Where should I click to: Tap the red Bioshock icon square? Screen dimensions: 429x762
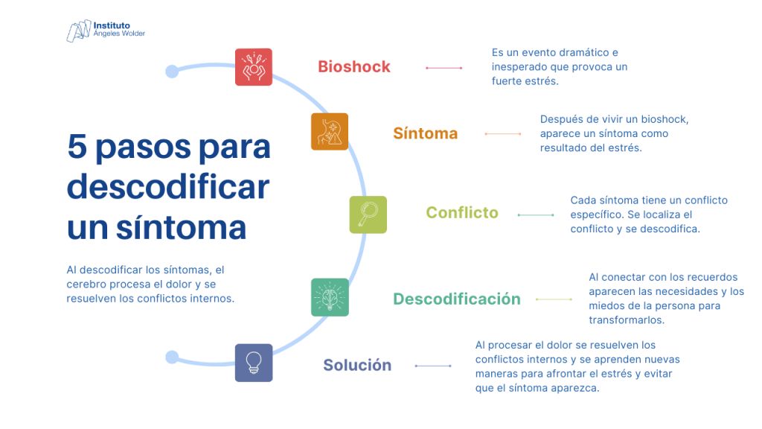coord(254,67)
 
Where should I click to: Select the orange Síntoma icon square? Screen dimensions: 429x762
coord(330,132)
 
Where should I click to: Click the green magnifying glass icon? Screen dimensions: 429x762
coord(368,214)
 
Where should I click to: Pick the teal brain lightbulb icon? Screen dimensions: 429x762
coord(330,297)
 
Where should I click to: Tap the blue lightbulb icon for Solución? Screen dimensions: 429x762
coord(254,363)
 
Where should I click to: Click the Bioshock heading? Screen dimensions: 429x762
coord(354,66)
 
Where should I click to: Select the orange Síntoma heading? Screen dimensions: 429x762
coord(425,133)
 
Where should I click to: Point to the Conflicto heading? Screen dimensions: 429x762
coord(462,212)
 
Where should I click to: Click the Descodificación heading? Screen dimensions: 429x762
coord(457,299)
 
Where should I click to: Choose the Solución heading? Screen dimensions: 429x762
coord(357,365)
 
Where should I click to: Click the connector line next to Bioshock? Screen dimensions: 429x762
coord(444,68)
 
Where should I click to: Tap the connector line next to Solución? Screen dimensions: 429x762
coord(433,366)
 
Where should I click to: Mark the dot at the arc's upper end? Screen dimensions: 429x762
coord(172,71)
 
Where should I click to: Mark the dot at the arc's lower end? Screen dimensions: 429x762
coord(172,357)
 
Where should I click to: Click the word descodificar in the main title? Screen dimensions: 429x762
coord(167,186)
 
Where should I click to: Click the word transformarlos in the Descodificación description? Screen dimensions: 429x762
coord(626,320)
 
